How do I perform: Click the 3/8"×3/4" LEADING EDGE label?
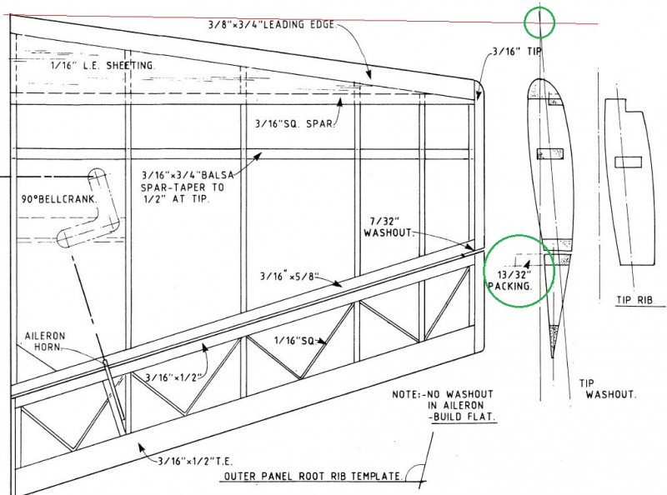pyautogui.click(x=273, y=25)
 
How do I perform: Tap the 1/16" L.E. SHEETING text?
pyautogui.click(x=103, y=66)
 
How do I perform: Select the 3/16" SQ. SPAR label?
pyautogui.click(x=296, y=123)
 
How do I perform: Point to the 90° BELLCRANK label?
pyautogui.click(x=59, y=199)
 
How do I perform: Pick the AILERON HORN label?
pyautogui.click(x=45, y=342)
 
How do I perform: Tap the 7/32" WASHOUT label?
pyautogui.click(x=388, y=227)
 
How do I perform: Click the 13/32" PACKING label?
pyautogui.click(x=510, y=281)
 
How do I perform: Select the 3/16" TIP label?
pyautogui.click(x=517, y=52)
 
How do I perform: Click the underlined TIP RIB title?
pyautogui.click(x=634, y=300)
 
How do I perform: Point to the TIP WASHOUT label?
pyautogui.click(x=608, y=388)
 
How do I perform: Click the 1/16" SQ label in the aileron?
pyautogui.click(x=294, y=341)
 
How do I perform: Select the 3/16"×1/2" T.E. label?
pyautogui.click(x=195, y=461)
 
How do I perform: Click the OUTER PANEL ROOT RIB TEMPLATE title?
pyautogui.click(x=313, y=477)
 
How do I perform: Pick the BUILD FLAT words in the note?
pyautogui.click(x=464, y=417)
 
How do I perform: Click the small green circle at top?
pyautogui.click(x=539, y=22)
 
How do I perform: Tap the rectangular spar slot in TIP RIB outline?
pyautogui.click(x=629, y=162)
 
